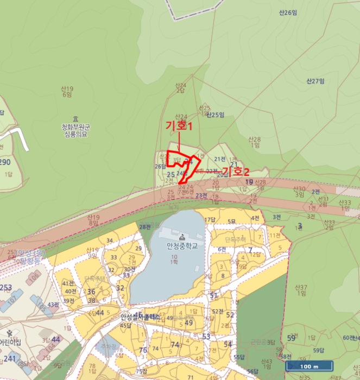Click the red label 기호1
tap(179, 126)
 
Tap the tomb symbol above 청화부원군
tap(75, 119)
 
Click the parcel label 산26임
tap(286, 12)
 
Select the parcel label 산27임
tap(315, 81)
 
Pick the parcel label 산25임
tap(216, 115)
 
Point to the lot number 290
tap(5, 162)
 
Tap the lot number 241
tap(10, 358)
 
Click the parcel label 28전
tap(144, 226)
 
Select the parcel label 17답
tap(210, 219)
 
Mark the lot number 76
tap(143, 350)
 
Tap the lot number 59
tap(292, 338)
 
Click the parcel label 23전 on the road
tap(201, 195)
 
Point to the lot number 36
tap(91, 292)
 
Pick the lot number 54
tap(228, 344)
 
